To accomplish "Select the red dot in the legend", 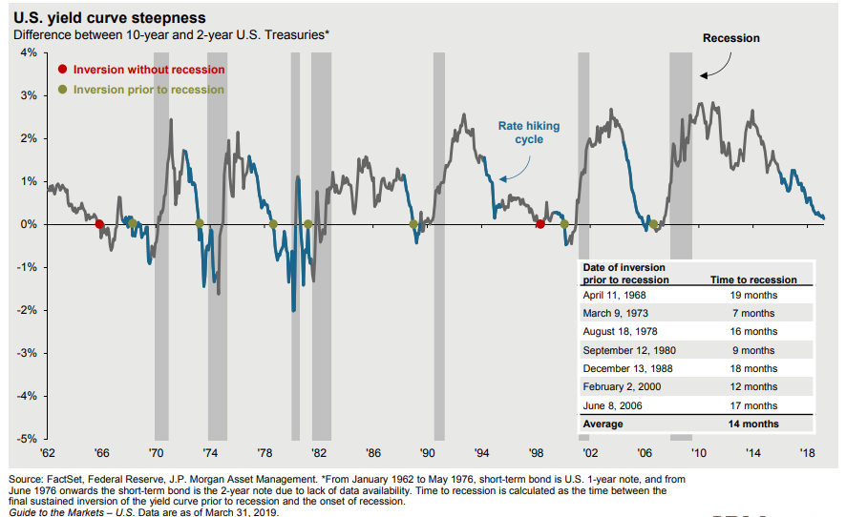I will pos(63,70).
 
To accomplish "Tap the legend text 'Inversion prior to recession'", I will pos(149,90).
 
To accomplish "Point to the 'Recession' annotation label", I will pos(730,38).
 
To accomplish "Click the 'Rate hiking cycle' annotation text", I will pos(529,133).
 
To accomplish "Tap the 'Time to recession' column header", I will pos(754,279).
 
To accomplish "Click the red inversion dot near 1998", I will pos(540,224).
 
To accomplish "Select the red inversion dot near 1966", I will pos(99,224).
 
